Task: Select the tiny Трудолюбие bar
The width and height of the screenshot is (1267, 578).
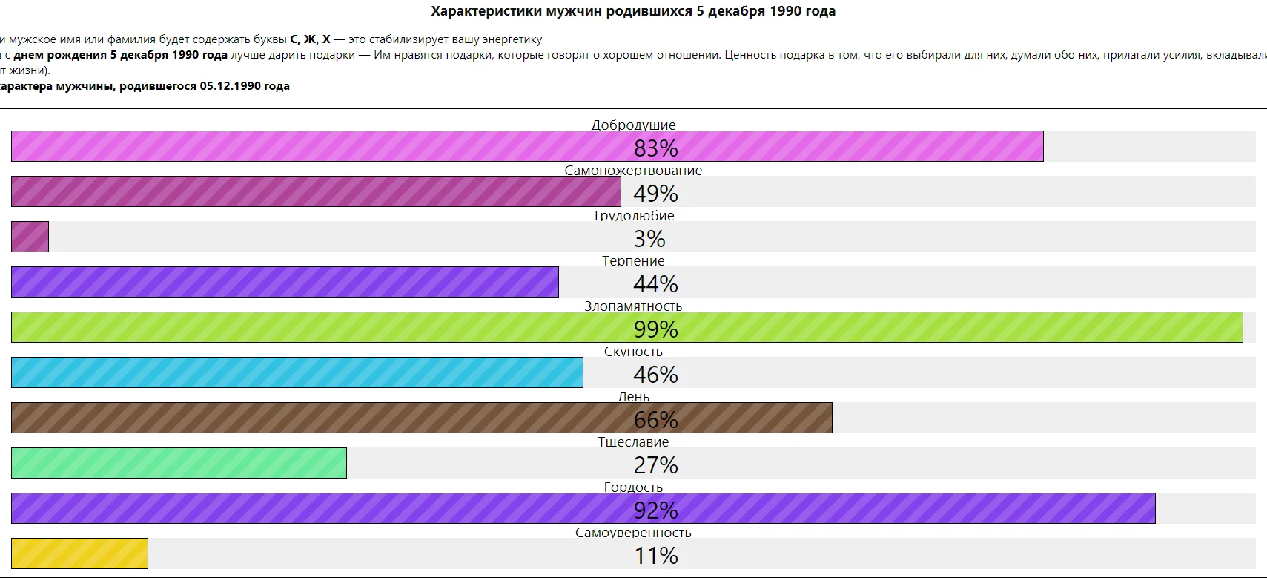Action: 30,237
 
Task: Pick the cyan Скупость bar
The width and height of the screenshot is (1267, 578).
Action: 297,372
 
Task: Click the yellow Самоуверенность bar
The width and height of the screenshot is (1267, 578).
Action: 79,554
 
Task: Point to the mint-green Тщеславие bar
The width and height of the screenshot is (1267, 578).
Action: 179,463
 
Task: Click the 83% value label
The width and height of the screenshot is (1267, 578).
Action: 655,148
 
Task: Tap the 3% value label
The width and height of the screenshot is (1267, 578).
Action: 649,239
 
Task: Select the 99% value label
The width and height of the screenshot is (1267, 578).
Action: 655,329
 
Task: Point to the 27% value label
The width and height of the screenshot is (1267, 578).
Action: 655,465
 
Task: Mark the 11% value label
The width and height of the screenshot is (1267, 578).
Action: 655,556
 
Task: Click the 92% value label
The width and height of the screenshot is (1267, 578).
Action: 655,510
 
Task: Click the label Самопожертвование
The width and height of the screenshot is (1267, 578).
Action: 633,170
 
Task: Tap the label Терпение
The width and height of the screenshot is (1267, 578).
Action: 633,260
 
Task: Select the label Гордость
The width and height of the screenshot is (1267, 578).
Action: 633,487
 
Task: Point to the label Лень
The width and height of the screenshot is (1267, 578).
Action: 633,396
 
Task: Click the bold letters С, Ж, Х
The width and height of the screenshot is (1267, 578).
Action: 310,39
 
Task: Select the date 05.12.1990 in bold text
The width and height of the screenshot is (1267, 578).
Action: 229,86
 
